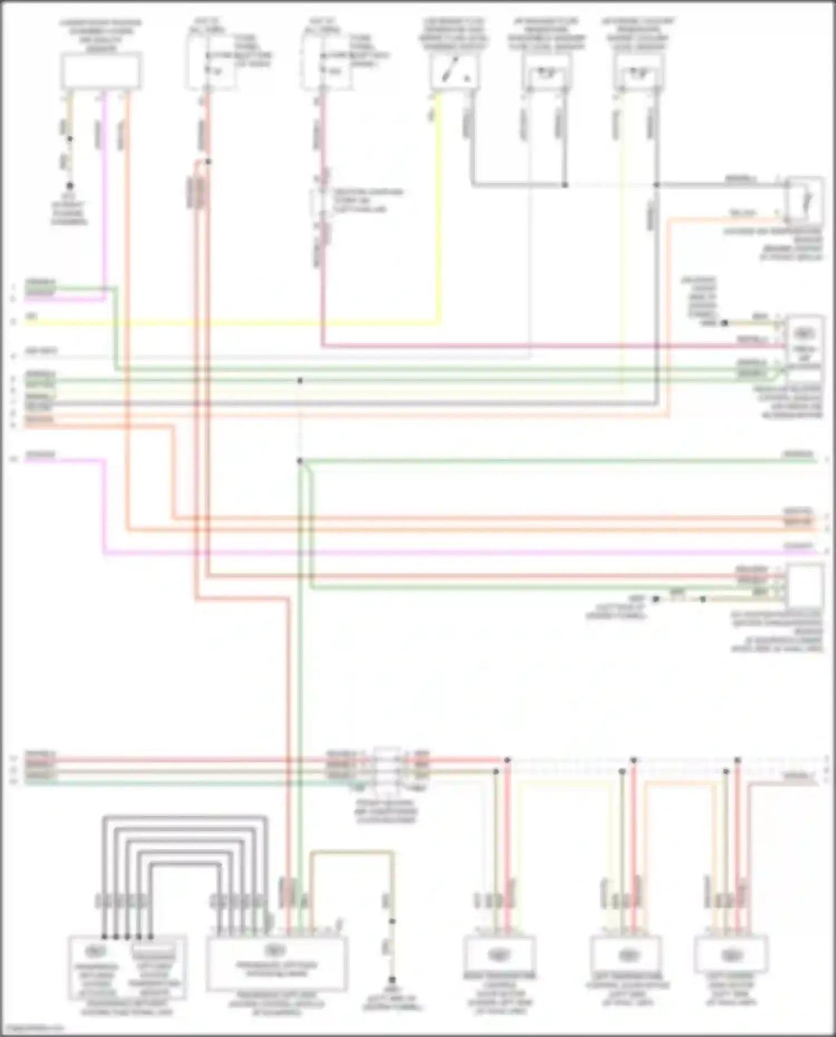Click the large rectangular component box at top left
[x=101, y=71]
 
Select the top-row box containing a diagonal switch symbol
[x=454, y=72]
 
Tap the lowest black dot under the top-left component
[x=70, y=186]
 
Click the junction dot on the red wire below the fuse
[x=208, y=162]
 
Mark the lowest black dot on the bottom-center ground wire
[x=392, y=980]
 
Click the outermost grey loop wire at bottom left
[x=184, y=817]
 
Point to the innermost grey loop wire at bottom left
[x=184, y=864]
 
